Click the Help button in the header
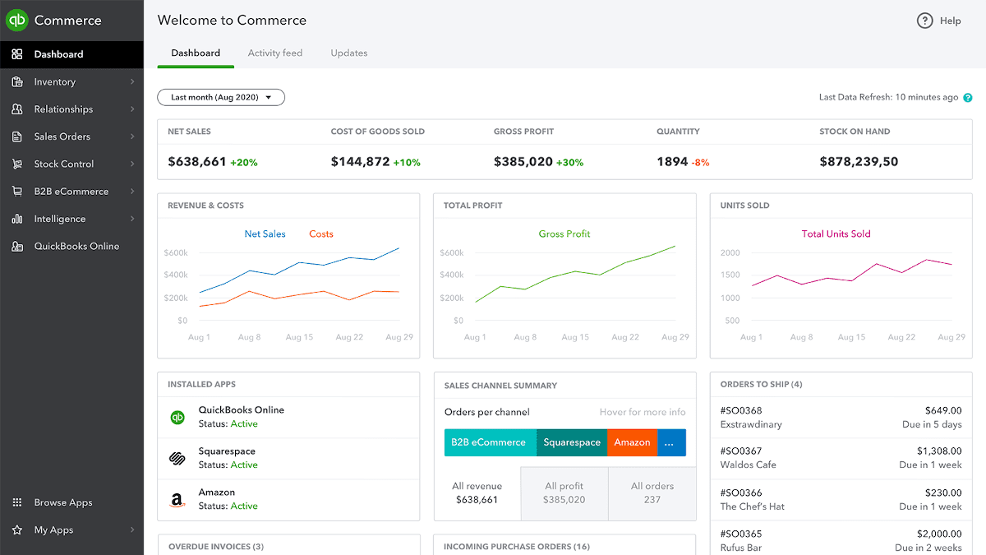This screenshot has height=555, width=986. [x=939, y=21]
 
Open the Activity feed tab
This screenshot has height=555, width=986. [x=275, y=53]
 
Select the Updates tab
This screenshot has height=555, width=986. [x=349, y=53]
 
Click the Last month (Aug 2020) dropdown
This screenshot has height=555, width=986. [x=221, y=97]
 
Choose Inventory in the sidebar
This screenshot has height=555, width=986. [x=55, y=81]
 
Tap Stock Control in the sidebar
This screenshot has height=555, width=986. [x=64, y=164]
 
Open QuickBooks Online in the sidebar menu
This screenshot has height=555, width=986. [x=76, y=246]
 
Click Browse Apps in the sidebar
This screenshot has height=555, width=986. [x=63, y=502]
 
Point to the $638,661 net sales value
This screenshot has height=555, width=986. [x=197, y=162]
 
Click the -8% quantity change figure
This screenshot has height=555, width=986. [x=700, y=163]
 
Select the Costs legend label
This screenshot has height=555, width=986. [x=321, y=234]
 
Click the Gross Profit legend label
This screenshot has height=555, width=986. [x=564, y=234]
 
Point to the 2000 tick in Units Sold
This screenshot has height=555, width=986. [x=730, y=252]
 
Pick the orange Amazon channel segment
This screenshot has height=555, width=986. [x=632, y=442]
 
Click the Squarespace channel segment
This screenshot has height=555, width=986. [x=572, y=442]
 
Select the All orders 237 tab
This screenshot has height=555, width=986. [x=652, y=493]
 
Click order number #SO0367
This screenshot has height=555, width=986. [x=741, y=451]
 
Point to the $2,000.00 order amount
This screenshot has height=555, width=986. [x=939, y=534]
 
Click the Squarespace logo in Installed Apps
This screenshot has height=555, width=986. [x=177, y=458]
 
